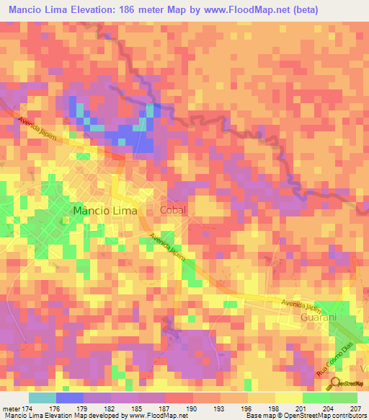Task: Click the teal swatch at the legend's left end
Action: [42, 398]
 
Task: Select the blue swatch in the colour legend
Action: [69, 398]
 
